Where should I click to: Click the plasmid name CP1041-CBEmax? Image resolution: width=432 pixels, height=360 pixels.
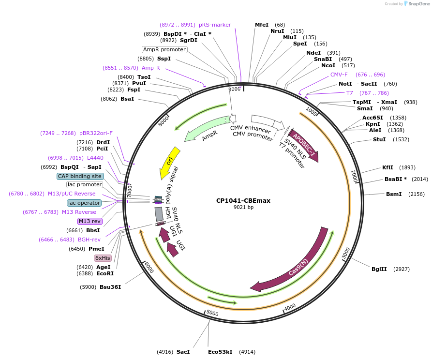coord(243,200)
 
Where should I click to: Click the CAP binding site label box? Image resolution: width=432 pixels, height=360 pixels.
coord(80,176)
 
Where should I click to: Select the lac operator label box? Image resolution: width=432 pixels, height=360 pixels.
coord(84,203)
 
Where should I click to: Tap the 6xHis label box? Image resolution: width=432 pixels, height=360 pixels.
coord(103,258)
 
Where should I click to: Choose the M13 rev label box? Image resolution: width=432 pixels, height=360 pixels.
coord(89,221)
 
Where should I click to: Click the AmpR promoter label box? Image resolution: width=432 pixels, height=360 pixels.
coord(164,49)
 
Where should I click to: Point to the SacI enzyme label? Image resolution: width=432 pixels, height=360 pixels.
coord(183,352)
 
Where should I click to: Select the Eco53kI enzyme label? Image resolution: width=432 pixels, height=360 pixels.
coord(220,352)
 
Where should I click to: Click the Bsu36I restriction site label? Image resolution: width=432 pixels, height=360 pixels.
coord(110,287)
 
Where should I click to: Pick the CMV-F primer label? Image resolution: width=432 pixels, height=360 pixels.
coord(339,75)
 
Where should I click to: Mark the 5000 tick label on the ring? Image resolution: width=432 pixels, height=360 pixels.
coord(212,313)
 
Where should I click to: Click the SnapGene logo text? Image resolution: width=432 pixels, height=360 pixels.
coord(419,4)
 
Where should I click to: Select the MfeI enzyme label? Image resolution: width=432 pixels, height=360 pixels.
coord(262,25)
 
